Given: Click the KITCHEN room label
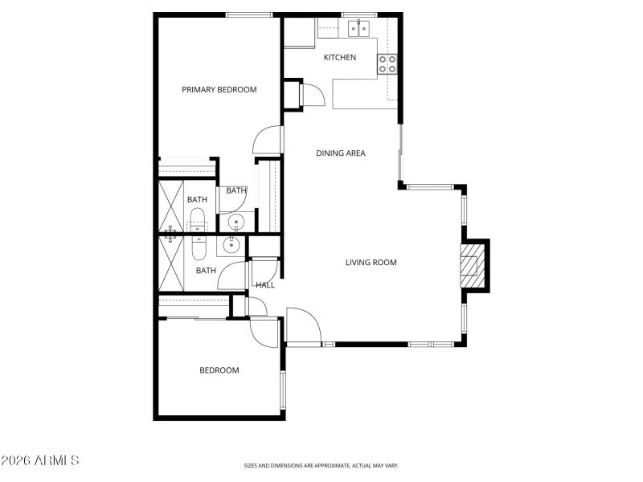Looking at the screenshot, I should point(339,57).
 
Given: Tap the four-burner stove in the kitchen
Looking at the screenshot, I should point(387,64).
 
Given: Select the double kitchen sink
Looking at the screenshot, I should point(359,29).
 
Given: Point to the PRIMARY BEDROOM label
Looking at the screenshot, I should point(219,89).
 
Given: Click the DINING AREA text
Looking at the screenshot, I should point(340,153).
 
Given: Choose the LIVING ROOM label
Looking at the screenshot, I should point(371,262).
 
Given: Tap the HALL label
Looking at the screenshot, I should point(265,284).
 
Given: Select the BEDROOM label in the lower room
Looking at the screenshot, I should point(219,370).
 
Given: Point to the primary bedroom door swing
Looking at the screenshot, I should point(267,141).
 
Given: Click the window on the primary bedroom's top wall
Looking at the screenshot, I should point(248,14).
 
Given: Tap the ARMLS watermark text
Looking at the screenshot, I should point(40,461).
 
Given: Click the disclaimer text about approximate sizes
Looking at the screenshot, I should point(321,465).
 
